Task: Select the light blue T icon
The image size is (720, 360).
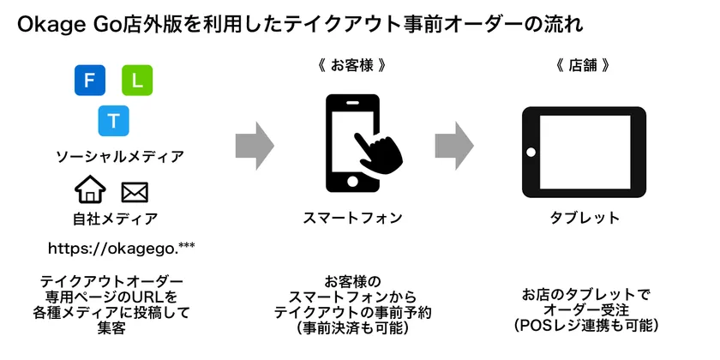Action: pos(112,120)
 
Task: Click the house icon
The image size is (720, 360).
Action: pos(90,190)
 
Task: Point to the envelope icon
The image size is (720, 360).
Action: pos(135,190)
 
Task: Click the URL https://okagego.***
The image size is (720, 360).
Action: pos(122,249)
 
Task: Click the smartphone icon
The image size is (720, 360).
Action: pos(352,142)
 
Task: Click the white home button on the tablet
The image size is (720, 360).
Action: pos(531,152)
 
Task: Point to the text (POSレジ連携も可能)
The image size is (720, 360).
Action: pos(585,326)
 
